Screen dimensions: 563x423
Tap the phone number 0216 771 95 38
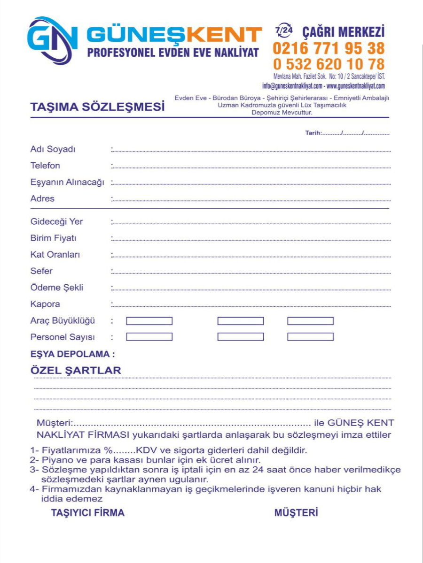point(328,48)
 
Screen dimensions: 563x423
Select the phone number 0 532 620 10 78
point(328,64)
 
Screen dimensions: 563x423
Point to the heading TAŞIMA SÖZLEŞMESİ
point(97,107)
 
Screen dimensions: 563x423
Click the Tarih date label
point(313,133)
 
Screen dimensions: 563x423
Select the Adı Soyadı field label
point(53,149)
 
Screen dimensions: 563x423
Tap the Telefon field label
point(45,166)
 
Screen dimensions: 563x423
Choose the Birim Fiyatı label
point(53,238)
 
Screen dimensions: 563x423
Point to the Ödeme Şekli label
point(56,288)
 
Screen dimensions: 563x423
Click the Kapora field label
point(45,304)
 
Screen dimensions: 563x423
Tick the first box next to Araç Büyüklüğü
point(149,321)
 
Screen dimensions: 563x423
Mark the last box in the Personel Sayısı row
point(310,337)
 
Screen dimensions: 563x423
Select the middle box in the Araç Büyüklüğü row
point(240,321)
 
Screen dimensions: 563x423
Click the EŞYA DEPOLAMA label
point(72,354)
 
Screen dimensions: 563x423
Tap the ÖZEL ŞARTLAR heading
point(76,370)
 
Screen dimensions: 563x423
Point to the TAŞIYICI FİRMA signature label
point(87,513)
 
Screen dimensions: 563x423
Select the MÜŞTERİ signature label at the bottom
point(296,513)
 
